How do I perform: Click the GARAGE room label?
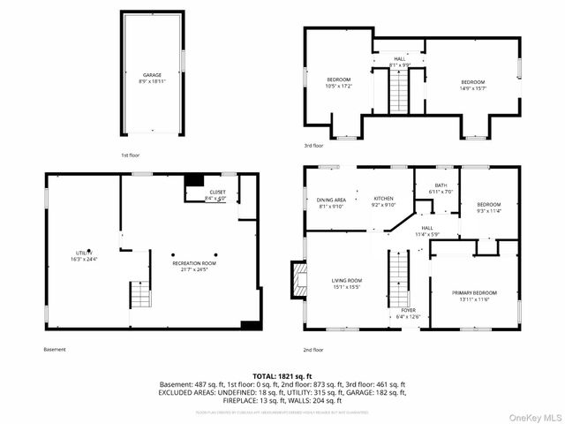[x=153, y=78]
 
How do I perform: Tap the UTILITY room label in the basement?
[x=83, y=256]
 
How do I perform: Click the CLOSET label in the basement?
[x=216, y=194]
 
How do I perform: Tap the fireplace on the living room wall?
[x=298, y=281]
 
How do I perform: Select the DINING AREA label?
[x=331, y=203]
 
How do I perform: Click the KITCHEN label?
[x=383, y=203]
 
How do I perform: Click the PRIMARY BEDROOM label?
[x=473, y=296]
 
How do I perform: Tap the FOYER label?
[x=408, y=314]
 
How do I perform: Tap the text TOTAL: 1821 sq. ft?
[x=282, y=375]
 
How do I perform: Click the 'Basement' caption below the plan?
[x=55, y=349]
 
